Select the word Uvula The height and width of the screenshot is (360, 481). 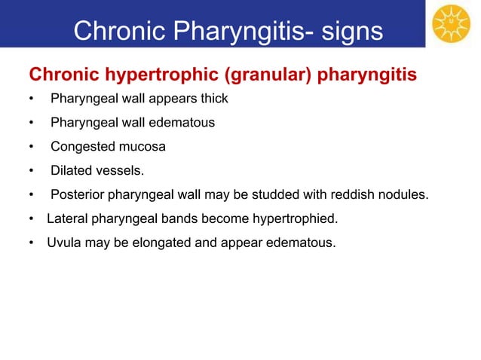(63, 243)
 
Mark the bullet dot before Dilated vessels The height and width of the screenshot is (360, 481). (31, 172)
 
